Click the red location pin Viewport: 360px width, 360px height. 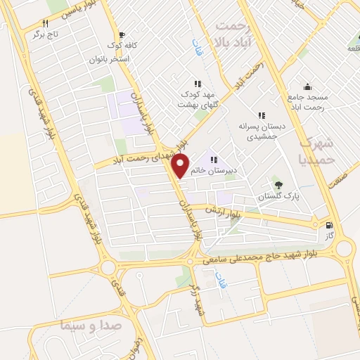(181, 165)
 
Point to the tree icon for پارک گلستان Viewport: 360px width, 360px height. (279, 185)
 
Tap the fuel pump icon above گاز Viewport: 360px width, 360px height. (330, 226)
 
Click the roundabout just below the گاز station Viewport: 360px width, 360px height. (344, 248)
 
